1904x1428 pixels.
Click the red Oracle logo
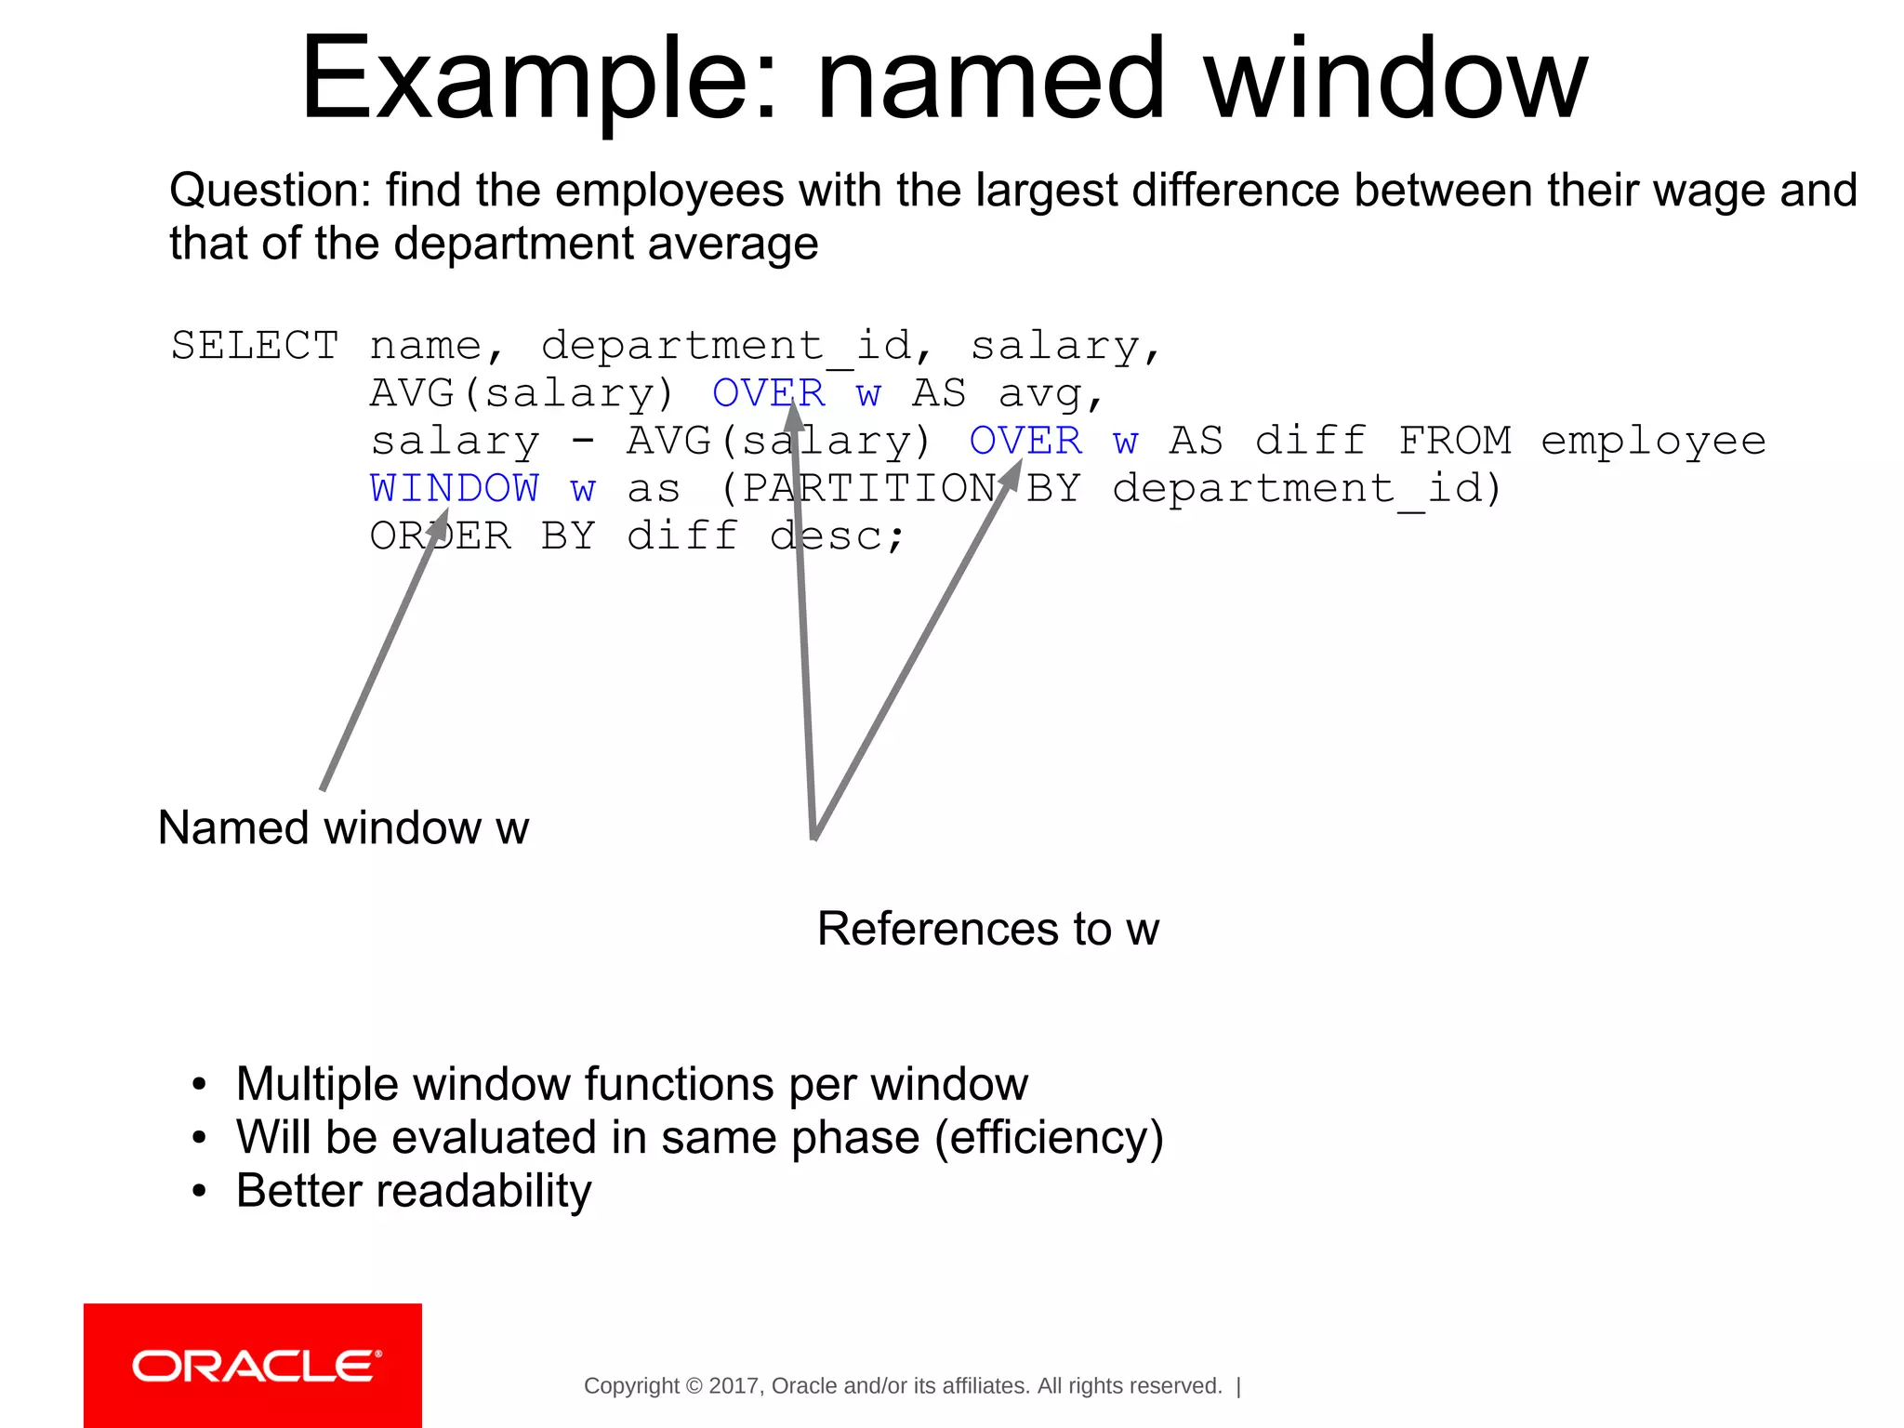tap(253, 1365)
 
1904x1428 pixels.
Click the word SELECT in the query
tap(255, 346)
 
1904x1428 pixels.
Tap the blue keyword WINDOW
tap(454, 488)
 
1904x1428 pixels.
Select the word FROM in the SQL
tap(1455, 441)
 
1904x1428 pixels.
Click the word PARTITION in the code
tap(869, 488)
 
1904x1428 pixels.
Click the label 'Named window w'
tap(343, 827)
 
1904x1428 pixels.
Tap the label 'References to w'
tap(988, 928)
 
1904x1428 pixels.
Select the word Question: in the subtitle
tap(271, 191)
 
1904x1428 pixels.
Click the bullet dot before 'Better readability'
tap(198, 1192)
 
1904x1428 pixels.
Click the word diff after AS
tap(1311, 441)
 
